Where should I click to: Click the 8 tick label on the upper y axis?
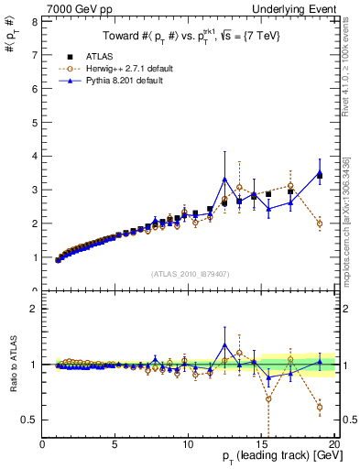click(x=34, y=21)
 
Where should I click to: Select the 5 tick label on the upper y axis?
click(x=34, y=122)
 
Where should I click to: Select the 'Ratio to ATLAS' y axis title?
click(x=12, y=365)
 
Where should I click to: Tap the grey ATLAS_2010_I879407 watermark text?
click(x=190, y=274)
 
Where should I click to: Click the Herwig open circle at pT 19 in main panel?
click(x=320, y=224)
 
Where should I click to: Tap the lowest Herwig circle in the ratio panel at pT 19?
click(x=320, y=407)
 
